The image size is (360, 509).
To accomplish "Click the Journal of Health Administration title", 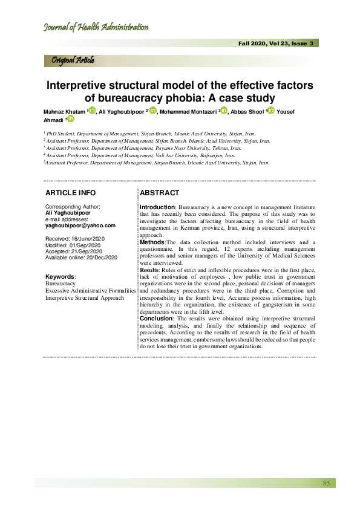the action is click(96, 27).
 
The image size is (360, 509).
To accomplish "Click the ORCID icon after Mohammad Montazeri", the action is click(224, 110).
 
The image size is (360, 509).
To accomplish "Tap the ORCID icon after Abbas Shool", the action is click(270, 110).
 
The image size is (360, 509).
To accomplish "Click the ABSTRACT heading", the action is click(159, 193).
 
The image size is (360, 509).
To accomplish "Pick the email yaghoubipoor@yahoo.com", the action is click(80, 225).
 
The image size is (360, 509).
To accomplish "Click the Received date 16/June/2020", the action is click(75, 239).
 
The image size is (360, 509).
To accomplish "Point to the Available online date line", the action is click(84, 258).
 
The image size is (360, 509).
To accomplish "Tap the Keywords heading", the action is click(61, 276).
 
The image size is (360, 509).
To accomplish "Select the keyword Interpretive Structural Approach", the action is click(85, 298).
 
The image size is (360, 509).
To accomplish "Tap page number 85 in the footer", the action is click(326, 483).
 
